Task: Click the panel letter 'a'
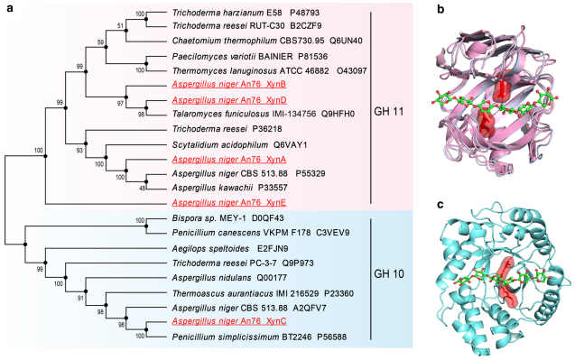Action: coord(10,8)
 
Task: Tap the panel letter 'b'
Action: coord(441,9)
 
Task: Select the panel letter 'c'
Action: coord(441,204)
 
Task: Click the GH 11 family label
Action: coord(389,112)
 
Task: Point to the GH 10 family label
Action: coord(389,273)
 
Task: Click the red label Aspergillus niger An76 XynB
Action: coord(229,84)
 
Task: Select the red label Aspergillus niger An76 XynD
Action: coord(229,100)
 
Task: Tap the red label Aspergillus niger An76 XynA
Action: coord(229,160)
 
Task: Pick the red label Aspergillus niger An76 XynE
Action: coord(229,202)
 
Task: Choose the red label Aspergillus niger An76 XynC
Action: coord(229,321)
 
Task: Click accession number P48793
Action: coord(305,13)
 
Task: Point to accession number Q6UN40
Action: coord(346,41)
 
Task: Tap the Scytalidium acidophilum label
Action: coord(220,145)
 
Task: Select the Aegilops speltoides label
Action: coord(210,249)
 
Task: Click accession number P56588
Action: coord(332,337)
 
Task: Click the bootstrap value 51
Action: coord(121,25)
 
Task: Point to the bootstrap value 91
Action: coord(80,298)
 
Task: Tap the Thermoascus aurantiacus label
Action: coord(223,293)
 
